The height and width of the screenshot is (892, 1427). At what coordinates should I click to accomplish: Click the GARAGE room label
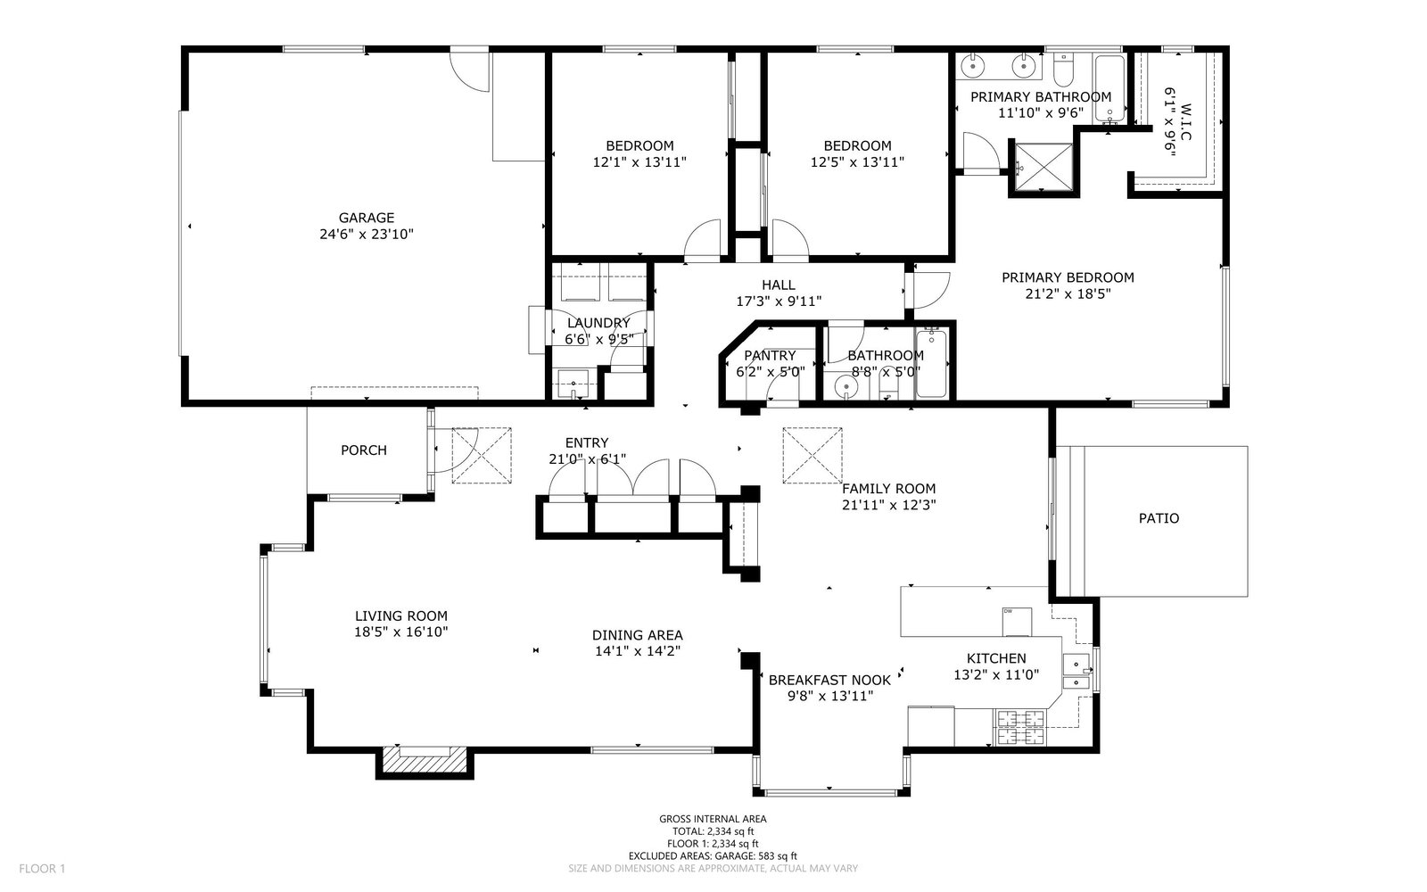point(367,218)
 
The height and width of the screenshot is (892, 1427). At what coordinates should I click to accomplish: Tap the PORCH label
point(364,450)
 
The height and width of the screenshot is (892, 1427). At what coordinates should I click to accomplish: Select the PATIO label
point(1159,518)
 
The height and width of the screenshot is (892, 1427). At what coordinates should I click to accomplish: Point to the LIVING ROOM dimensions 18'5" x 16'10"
point(401,632)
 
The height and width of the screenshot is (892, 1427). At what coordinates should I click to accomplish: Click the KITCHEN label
point(996,659)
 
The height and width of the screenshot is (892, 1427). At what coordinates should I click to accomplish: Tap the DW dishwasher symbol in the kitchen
point(1017,622)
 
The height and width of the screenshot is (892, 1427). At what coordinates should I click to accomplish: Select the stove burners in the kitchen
point(1020,728)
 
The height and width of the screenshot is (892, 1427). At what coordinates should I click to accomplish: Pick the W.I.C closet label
point(1185,121)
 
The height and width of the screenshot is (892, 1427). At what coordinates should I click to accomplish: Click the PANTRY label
point(770,356)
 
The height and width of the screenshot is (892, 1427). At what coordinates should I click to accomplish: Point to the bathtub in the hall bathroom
point(931,364)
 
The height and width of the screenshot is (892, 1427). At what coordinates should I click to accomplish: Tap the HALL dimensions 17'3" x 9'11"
point(779,301)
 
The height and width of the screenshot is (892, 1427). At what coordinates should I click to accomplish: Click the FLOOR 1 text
point(42,869)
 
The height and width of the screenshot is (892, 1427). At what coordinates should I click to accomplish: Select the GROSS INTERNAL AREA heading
point(713,820)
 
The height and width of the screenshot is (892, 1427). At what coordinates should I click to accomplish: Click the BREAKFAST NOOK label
point(829,681)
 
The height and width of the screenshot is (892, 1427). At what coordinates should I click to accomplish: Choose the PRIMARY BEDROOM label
point(1068,277)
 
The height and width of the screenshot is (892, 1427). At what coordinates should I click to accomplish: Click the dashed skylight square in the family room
point(812,456)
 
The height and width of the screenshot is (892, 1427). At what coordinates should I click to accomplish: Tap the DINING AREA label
point(637,635)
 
